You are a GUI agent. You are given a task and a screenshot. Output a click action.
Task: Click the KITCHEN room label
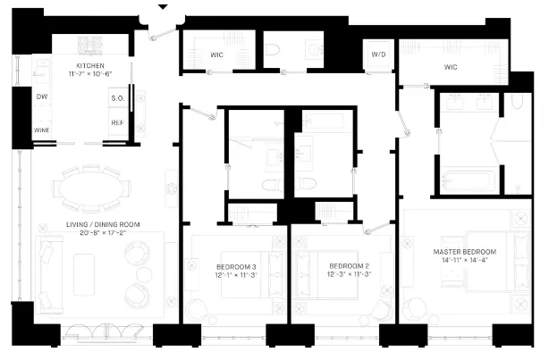click(90, 66)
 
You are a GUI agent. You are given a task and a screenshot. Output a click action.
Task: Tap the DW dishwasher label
click(41, 96)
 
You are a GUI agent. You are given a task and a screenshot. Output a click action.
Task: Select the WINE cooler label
click(41, 130)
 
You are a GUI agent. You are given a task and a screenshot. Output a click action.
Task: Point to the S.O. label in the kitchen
click(117, 97)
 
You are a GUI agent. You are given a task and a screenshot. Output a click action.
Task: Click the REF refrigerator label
click(117, 123)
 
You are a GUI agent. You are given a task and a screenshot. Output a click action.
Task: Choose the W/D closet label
click(378, 54)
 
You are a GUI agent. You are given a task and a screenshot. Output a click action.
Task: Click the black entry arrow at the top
click(162, 7)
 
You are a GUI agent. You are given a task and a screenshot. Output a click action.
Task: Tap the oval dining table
click(91, 188)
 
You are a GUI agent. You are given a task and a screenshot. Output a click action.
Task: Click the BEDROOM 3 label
click(236, 267)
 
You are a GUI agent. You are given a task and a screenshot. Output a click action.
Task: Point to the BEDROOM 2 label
click(349, 267)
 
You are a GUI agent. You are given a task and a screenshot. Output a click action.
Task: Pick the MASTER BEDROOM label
click(464, 252)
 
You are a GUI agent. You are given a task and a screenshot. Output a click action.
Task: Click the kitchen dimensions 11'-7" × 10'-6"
click(90, 76)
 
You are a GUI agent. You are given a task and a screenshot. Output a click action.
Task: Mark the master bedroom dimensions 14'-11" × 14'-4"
click(464, 262)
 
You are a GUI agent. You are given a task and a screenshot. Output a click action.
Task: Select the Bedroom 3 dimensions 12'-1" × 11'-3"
click(236, 276)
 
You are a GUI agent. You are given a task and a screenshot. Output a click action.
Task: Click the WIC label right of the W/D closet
click(451, 67)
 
